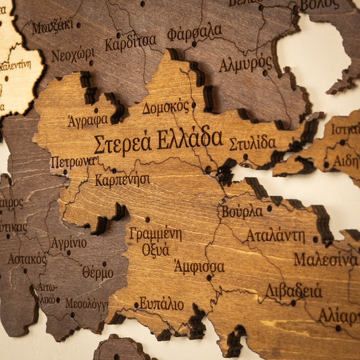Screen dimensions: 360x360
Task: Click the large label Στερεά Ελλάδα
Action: (157, 141)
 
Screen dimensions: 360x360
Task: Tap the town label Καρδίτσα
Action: (130, 43)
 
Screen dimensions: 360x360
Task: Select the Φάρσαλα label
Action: (195, 32)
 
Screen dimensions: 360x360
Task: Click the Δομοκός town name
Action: (165, 107)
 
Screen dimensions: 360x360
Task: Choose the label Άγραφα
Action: (88, 120)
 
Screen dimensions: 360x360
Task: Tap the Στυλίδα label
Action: (252, 143)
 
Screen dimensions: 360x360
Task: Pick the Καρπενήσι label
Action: (122, 180)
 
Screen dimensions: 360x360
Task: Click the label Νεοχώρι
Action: (73, 55)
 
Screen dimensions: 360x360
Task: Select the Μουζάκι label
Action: (52, 27)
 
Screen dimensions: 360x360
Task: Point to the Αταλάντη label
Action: (275, 236)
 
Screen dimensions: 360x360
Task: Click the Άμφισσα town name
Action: (199, 266)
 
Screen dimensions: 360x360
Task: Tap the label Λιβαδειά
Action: (293, 290)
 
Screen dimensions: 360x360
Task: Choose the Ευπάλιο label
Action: (161, 303)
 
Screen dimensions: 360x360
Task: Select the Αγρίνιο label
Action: (69, 243)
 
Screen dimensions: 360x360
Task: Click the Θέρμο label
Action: (97, 272)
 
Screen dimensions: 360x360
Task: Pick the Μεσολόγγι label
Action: (86, 304)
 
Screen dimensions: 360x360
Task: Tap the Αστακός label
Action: (27, 259)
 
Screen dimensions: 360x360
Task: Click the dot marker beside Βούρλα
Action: (269, 209)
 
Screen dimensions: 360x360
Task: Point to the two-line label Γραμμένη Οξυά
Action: (155, 241)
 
